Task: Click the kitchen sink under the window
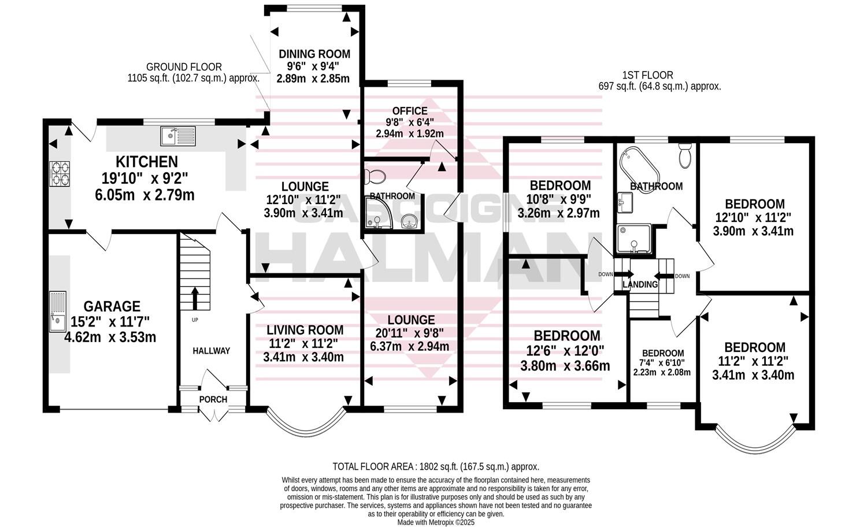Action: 180,136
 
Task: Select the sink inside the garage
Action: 58,312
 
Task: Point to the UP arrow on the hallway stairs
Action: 194,298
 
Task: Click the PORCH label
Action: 213,399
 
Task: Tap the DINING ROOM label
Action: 314,54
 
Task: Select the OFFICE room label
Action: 410,111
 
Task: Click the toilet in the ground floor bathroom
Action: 376,175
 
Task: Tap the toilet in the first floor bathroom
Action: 685,156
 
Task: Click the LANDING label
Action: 640,284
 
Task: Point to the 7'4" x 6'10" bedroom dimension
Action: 662,362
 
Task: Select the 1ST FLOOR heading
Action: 647,75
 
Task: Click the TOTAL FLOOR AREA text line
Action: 436,466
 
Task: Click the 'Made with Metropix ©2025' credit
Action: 436,522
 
